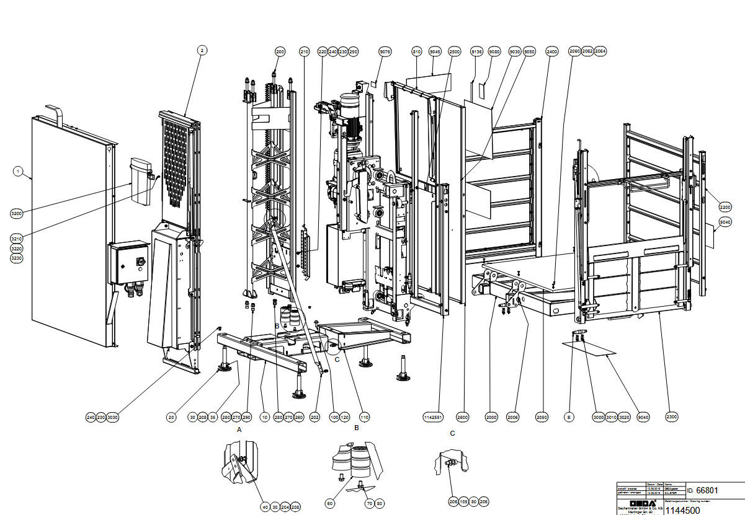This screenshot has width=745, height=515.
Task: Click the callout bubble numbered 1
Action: click(x=18, y=170)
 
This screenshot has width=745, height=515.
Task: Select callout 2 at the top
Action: click(x=202, y=50)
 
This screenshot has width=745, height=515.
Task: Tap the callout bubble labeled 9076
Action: click(x=385, y=51)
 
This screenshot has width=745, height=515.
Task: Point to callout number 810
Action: click(x=417, y=51)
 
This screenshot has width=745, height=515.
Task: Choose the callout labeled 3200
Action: click(x=17, y=214)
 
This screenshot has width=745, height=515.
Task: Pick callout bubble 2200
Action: click(x=725, y=206)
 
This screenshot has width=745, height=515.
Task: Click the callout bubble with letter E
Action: click(x=568, y=417)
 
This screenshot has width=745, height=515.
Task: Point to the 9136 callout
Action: click(x=476, y=51)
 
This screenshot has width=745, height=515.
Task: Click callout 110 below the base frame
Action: click(x=364, y=417)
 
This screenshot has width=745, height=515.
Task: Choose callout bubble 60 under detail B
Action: click(x=330, y=504)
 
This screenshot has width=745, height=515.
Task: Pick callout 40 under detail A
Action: click(x=265, y=507)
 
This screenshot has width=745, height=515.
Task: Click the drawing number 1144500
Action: click(x=682, y=510)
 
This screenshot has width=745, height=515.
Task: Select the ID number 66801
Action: click(x=707, y=491)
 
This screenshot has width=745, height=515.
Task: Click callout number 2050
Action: click(x=542, y=417)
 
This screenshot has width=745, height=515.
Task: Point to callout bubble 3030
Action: click(x=112, y=417)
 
